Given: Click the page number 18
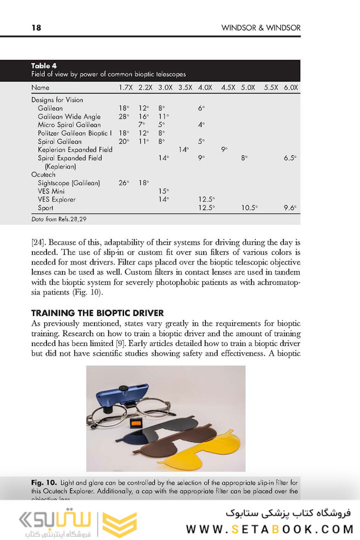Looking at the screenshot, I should (36, 28).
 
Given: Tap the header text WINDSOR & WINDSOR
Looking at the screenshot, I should (260, 28).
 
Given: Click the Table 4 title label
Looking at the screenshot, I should (44, 66).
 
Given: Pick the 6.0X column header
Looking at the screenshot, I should (290, 87).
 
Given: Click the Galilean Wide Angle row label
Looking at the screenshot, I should (69, 116).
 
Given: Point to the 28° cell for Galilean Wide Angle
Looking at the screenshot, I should (124, 116).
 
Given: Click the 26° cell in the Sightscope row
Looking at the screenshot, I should (124, 183).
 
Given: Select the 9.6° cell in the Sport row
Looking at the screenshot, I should (290, 207).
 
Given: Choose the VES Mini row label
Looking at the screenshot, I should (51, 191).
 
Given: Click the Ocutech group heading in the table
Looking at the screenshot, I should (43, 174).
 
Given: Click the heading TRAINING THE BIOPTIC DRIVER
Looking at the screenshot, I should (97, 313).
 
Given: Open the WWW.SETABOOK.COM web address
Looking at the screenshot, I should (270, 529).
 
